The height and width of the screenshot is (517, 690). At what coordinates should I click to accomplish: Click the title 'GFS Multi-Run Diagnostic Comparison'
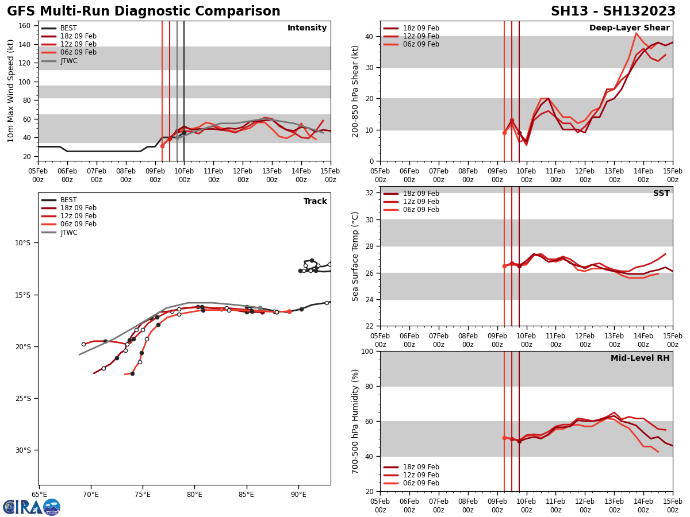[x=144, y=11]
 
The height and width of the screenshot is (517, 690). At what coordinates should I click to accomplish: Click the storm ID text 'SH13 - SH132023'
[x=613, y=11]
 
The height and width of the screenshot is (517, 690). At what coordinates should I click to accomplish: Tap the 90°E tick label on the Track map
[x=298, y=494]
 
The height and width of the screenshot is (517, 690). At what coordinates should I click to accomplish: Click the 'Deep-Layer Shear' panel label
[x=629, y=28]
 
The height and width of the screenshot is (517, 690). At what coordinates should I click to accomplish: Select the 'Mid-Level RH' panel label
[x=640, y=358]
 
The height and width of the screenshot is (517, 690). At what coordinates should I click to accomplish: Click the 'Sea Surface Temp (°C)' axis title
[x=355, y=256]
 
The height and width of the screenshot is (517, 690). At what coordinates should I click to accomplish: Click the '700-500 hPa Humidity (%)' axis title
[x=355, y=421]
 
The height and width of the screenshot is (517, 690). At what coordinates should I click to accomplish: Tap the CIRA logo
[x=32, y=507]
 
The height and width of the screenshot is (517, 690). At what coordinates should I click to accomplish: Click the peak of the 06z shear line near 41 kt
[x=636, y=33]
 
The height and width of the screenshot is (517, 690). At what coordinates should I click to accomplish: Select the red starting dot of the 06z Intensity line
[x=162, y=146]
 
